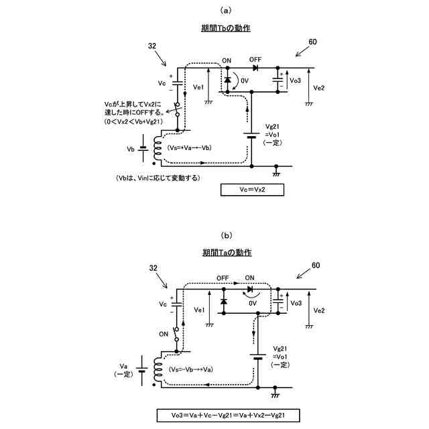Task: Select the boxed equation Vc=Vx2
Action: pyautogui.click(x=251, y=190)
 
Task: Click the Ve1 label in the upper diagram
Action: pyautogui.click(x=198, y=87)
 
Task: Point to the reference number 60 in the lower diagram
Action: pyautogui.click(x=315, y=266)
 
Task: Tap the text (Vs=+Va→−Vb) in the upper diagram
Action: pyautogui.click(x=192, y=147)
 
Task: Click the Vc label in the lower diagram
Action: pyautogui.click(x=161, y=304)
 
